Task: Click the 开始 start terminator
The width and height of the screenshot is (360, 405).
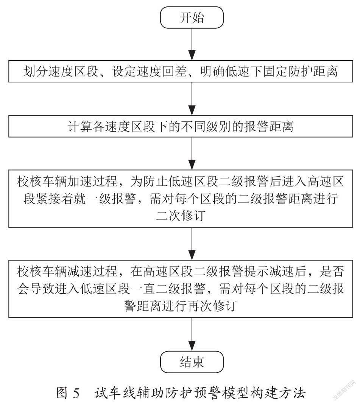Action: (x=192, y=17)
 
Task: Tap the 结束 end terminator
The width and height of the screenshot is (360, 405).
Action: (x=192, y=362)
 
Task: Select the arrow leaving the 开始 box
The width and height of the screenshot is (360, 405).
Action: (x=192, y=44)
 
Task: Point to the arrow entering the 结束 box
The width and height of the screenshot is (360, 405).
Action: (x=192, y=335)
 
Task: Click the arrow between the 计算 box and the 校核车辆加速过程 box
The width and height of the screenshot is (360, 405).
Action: (x=192, y=154)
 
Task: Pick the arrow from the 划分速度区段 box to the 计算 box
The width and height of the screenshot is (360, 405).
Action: (x=192, y=99)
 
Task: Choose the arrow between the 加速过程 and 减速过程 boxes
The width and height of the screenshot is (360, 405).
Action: (x=192, y=244)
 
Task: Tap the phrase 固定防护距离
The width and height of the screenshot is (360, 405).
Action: (x=301, y=71)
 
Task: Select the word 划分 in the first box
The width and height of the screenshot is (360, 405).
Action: (x=36, y=71)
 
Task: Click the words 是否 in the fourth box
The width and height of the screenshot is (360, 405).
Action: (x=332, y=272)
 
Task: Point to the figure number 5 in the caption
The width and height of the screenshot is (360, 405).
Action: (x=76, y=393)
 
